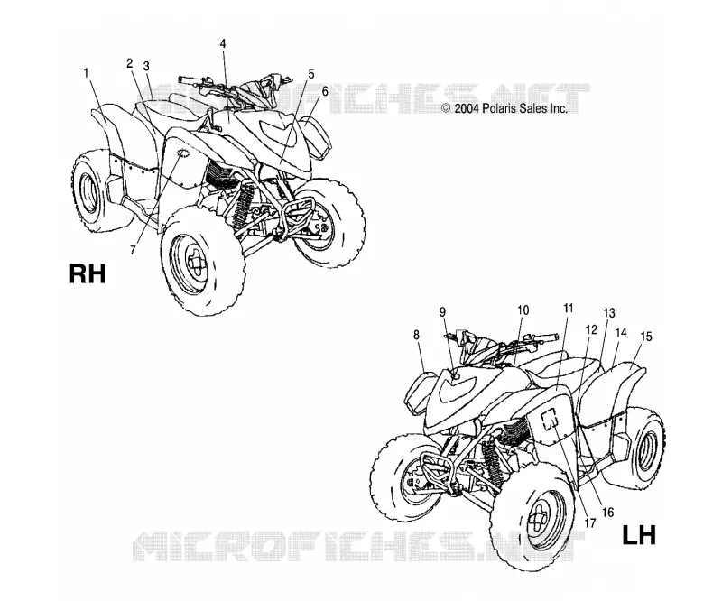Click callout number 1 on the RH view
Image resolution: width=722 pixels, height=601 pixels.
point(86,72)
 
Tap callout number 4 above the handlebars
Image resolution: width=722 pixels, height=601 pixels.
point(223,43)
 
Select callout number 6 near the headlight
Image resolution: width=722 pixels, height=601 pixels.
point(325,91)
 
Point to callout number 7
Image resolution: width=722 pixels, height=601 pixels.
point(133,250)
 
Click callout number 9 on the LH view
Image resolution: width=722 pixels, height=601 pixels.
point(442,312)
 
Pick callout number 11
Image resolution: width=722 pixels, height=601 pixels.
point(569,308)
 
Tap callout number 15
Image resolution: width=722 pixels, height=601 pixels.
point(646,337)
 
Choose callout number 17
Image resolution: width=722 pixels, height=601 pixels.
point(590,523)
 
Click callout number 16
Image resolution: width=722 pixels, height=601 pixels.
point(607,513)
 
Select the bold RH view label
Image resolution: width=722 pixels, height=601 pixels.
point(88,273)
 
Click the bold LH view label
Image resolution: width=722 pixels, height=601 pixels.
point(639,535)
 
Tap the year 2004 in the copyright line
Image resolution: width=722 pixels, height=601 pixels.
point(466,108)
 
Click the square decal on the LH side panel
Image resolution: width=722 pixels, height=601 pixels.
point(549,420)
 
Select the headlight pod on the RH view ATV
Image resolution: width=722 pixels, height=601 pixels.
point(316,135)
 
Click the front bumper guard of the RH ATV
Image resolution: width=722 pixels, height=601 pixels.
point(300,217)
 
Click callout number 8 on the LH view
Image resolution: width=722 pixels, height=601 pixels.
point(416,335)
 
